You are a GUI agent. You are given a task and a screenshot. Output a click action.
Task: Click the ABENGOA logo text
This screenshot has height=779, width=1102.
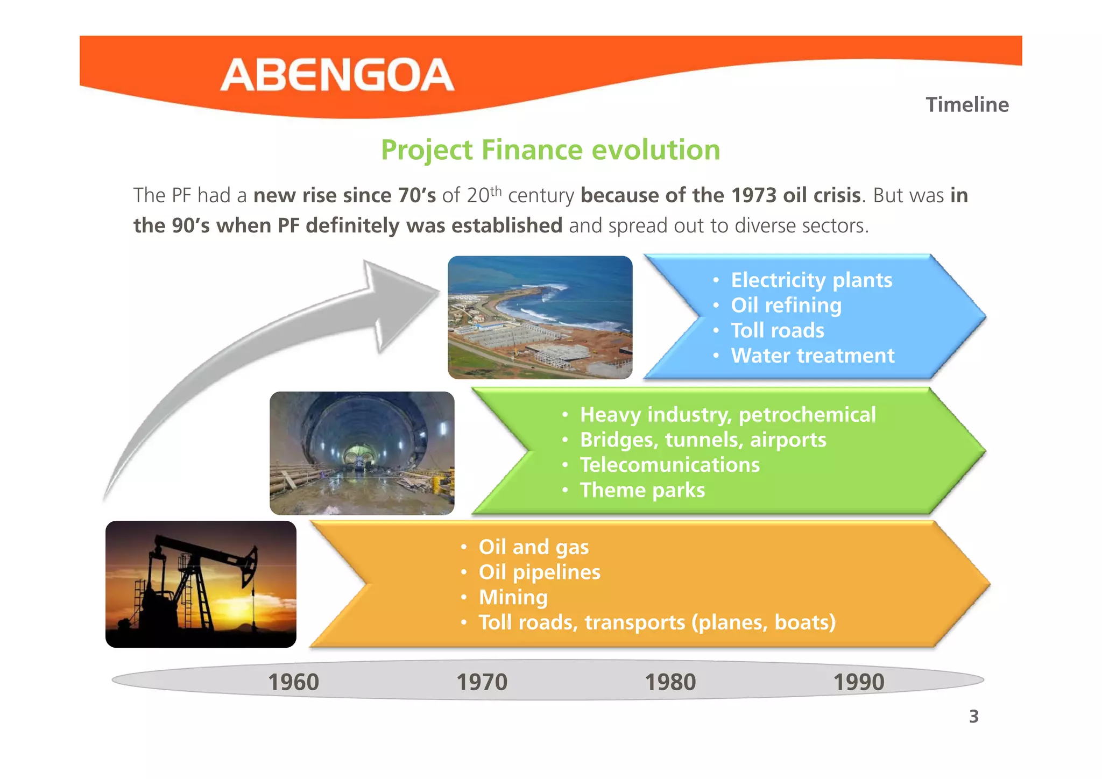pyautogui.click(x=337, y=75)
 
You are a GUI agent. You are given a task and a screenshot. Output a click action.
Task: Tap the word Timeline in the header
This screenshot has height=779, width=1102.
pyautogui.click(x=967, y=104)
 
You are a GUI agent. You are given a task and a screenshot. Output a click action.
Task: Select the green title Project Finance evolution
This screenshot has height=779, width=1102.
pyautogui.click(x=550, y=150)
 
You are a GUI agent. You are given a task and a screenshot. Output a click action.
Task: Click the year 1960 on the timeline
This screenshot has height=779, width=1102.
pyautogui.click(x=293, y=682)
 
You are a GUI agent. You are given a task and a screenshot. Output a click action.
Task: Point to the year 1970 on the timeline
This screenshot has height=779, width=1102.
pyautogui.click(x=482, y=682)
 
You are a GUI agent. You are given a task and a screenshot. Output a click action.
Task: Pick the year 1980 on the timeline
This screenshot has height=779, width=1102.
pyautogui.click(x=670, y=682)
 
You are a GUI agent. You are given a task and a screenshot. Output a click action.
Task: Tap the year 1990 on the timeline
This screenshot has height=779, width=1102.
pyautogui.click(x=858, y=682)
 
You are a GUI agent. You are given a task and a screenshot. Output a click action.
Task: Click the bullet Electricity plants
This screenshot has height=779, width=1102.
pyautogui.click(x=811, y=280)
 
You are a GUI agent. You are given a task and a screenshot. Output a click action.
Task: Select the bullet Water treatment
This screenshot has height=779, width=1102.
pyautogui.click(x=812, y=356)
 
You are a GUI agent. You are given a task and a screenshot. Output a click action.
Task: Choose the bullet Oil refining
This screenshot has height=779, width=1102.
pyautogui.click(x=786, y=306)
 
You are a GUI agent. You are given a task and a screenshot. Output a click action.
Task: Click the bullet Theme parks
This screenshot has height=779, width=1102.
pyautogui.click(x=642, y=490)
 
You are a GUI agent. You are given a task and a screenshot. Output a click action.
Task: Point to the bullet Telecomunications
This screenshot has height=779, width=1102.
pyautogui.click(x=669, y=465)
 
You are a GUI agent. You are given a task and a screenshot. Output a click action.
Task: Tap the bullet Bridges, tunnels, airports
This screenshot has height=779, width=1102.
pyautogui.click(x=703, y=440)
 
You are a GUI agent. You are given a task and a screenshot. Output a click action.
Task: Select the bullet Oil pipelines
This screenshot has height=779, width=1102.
pyautogui.click(x=539, y=572)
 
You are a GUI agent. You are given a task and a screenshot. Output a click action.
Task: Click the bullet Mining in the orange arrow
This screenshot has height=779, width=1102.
pyautogui.click(x=513, y=597)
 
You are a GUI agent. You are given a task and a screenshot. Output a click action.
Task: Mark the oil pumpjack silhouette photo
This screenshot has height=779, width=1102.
pyautogui.click(x=201, y=584)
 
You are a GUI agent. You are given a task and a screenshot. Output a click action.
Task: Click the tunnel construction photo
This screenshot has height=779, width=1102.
pyautogui.click(x=362, y=453)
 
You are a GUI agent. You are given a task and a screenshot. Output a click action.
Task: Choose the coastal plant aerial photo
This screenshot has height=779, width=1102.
pyautogui.click(x=540, y=317)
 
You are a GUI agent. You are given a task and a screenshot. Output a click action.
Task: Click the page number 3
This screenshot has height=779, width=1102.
pyautogui.click(x=973, y=717)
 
